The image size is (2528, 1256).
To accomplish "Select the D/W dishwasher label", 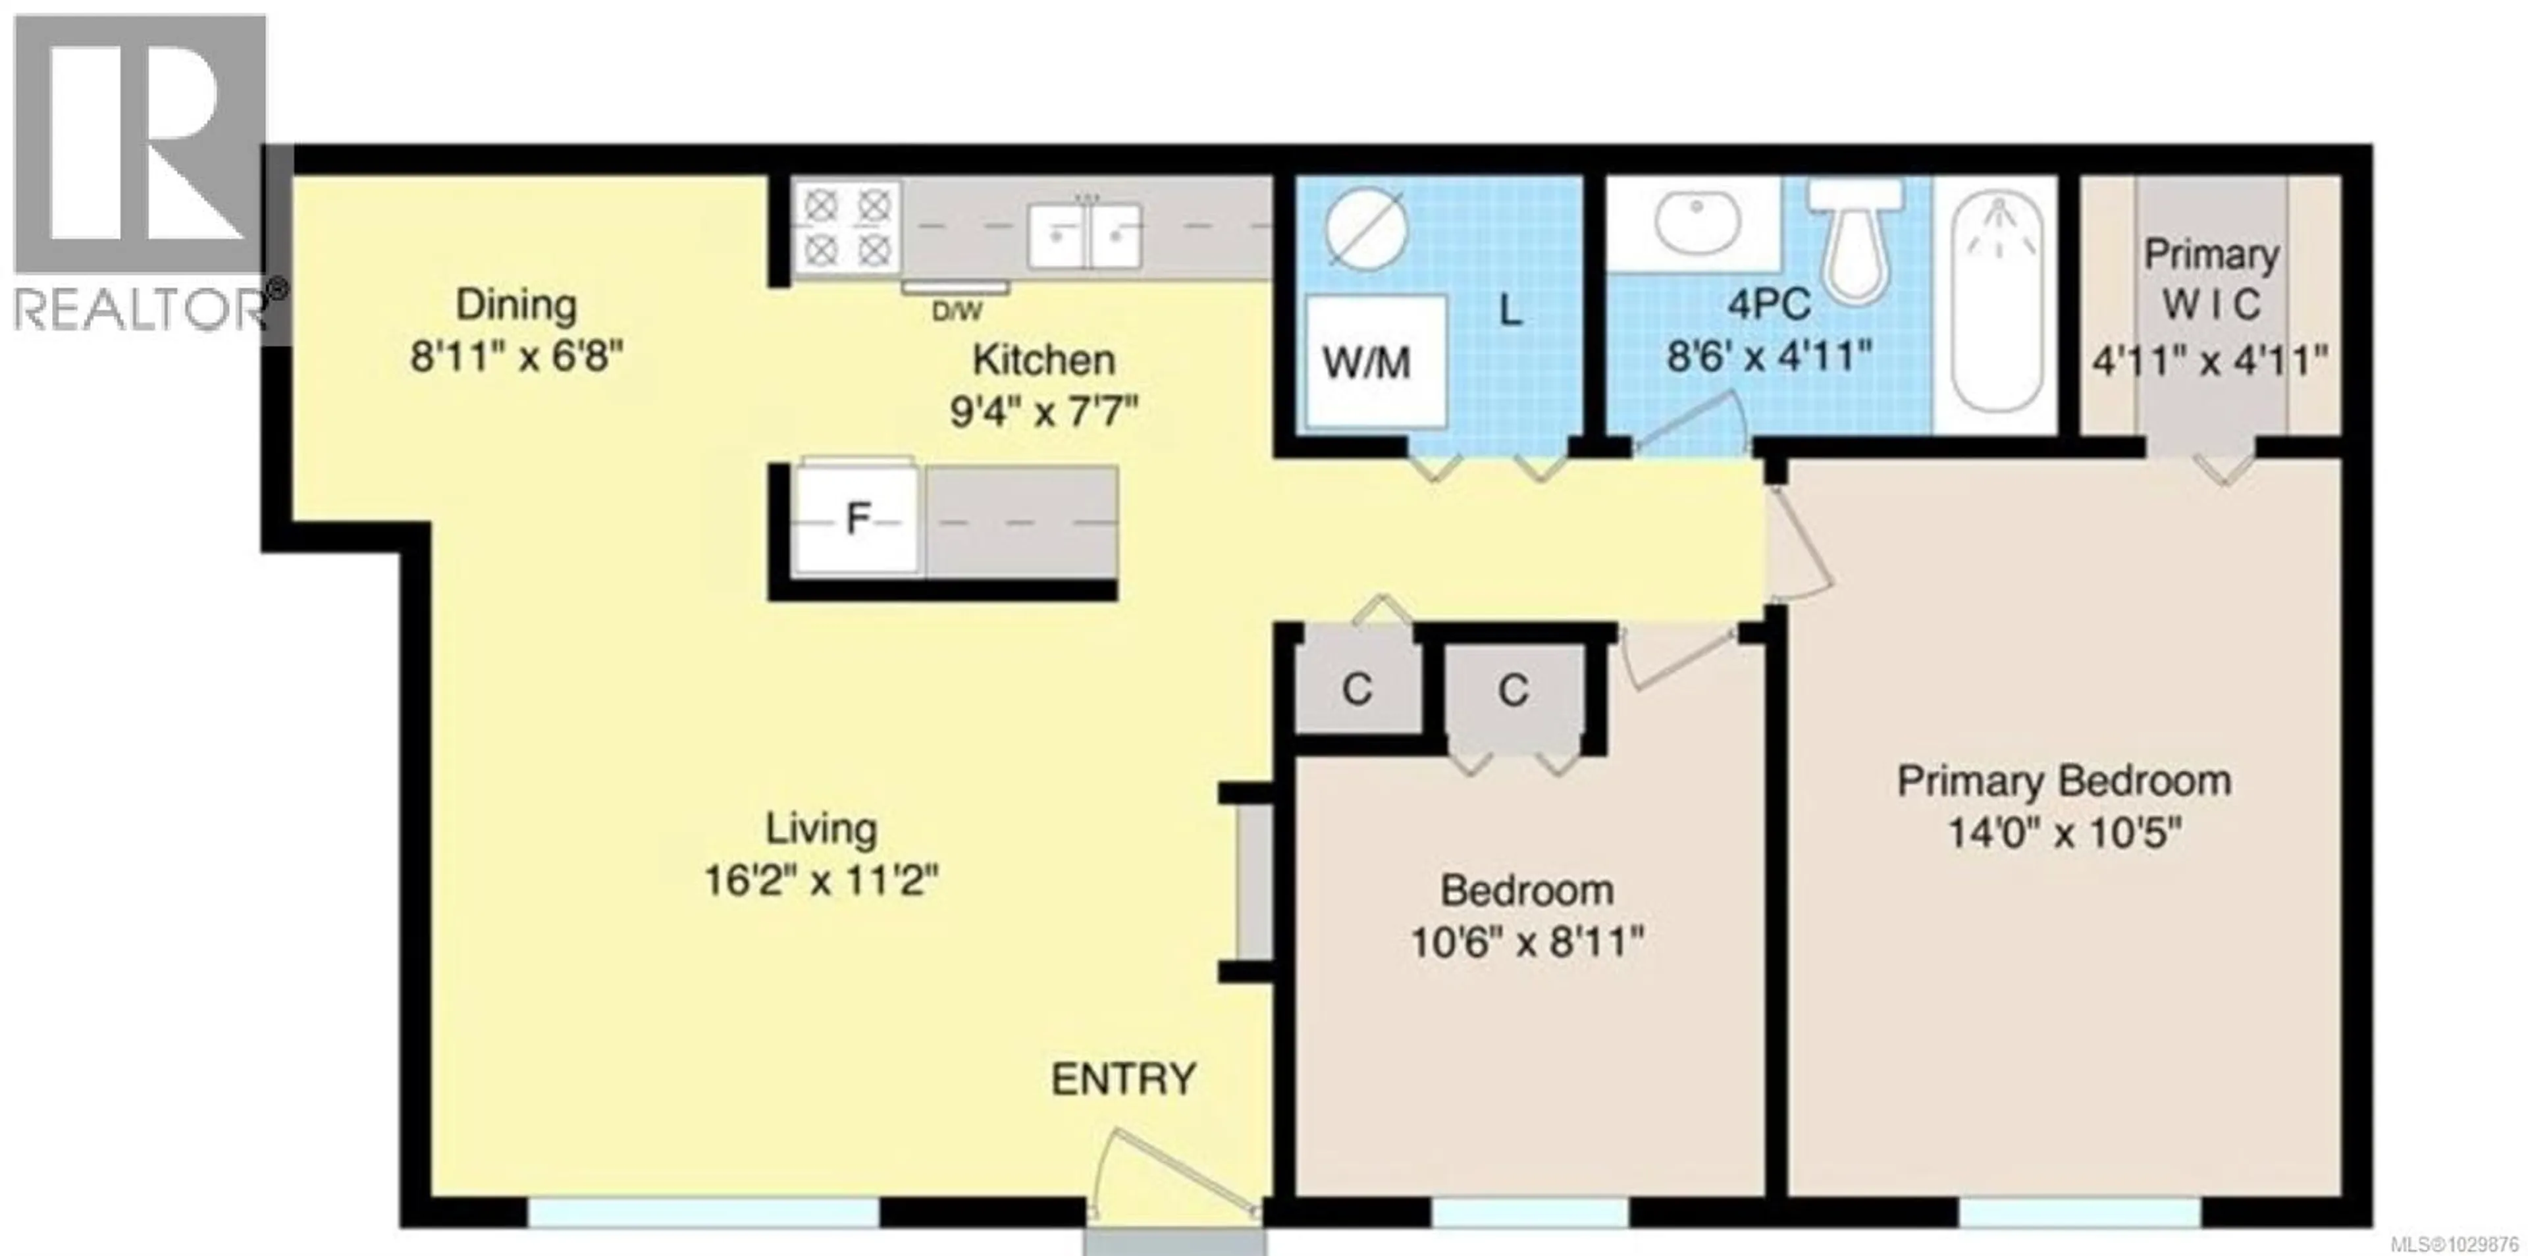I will click(x=956, y=312).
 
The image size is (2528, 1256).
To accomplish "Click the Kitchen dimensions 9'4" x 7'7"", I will click(x=1043, y=412).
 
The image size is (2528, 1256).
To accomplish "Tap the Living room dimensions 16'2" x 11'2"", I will click(x=820, y=880).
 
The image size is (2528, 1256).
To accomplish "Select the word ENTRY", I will click(x=1124, y=1080).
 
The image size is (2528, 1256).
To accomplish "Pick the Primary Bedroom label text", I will click(x=2064, y=782).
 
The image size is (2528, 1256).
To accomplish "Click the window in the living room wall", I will click(x=702, y=1212).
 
